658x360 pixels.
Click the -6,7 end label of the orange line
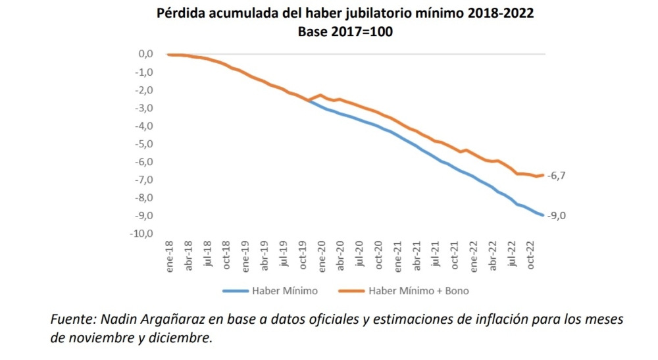pyautogui.click(x=558, y=176)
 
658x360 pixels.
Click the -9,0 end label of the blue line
pyautogui.click(x=558, y=215)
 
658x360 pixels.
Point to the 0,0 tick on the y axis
pyautogui.click(x=144, y=54)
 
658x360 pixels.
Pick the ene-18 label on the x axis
pyautogui.click(x=170, y=259)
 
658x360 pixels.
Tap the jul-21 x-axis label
pyautogui.click(x=436, y=257)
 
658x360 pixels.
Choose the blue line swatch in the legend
pyautogui.click(x=236, y=290)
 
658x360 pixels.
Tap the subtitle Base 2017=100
pyautogui.click(x=345, y=31)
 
